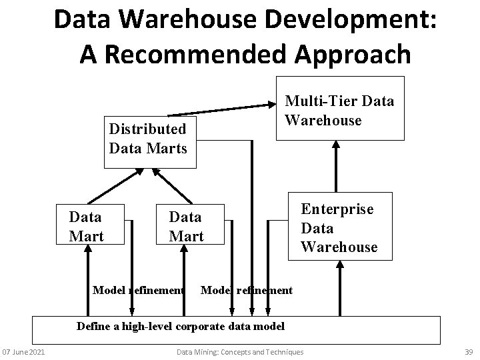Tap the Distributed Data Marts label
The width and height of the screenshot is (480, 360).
147,138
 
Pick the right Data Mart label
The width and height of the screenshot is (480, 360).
186,226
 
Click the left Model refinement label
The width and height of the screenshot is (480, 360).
138,290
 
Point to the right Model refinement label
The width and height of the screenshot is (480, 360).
246,290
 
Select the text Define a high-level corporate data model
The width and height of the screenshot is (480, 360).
181,327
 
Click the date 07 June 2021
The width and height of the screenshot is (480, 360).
23,352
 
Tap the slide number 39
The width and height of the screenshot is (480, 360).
467,352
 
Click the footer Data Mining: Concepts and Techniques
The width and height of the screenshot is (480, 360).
239,352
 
